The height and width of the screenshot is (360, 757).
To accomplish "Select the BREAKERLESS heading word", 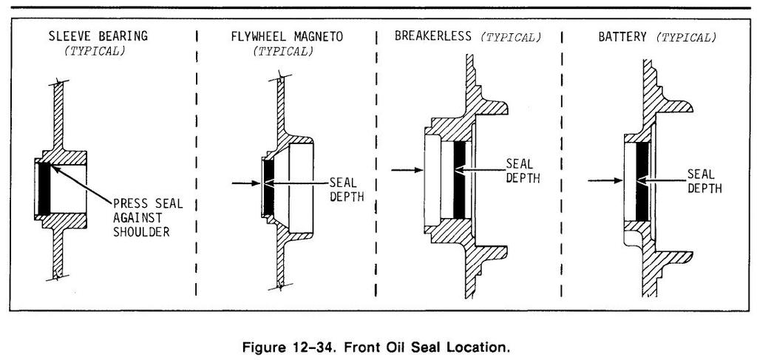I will point(434,35).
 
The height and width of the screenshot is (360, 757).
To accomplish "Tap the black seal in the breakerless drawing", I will point(460,179).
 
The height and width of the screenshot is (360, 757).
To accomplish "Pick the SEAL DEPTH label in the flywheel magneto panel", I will point(344,189).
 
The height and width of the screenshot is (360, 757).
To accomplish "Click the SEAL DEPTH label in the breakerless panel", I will point(523,170).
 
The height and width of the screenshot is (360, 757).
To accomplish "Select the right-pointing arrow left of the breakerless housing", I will point(405,171).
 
